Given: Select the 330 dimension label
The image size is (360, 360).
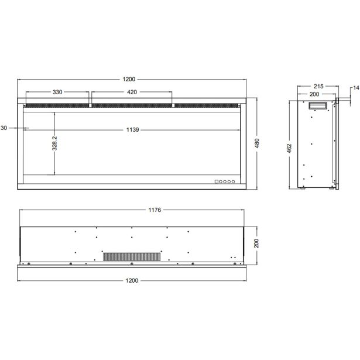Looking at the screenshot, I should pyautogui.click(x=57, y=92).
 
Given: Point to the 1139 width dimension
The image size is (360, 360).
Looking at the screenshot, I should pyautogui.click(x=132, y=130).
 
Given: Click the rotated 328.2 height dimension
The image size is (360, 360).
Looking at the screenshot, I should pyautogui.click(x=54, y=143).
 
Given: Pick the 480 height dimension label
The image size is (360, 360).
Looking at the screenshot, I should pyautogui.click(x=257, y=142).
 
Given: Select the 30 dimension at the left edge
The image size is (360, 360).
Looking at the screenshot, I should pyautogui.click(x=4, y=127).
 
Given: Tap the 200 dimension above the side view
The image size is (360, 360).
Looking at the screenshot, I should pyautogui.click(x=315, y=94).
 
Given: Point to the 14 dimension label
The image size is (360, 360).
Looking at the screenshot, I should pyautogui.click(x=355, y=88).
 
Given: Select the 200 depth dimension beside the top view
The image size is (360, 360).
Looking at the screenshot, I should pyautogui.click(x=256, y=243).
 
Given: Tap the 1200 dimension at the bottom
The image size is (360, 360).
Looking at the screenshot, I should pyautogui.click(x=132, y=280).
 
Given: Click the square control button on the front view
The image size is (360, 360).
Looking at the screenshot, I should pyautogui.click(x=216, y=181).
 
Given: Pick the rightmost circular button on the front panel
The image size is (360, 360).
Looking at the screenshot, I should pyautogui.click(x=234, y=181).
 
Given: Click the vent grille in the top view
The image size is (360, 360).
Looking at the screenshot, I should pyautogui.click(x=132, y=256).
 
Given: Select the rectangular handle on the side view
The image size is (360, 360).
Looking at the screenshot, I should pyautogui.click(x=320, y=105).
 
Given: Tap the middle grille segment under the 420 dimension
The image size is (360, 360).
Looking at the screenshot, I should pyautogui.click(x=132, y=105).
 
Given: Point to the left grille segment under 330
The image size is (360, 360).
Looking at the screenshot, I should pyautogui.click(x=56, y=105).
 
